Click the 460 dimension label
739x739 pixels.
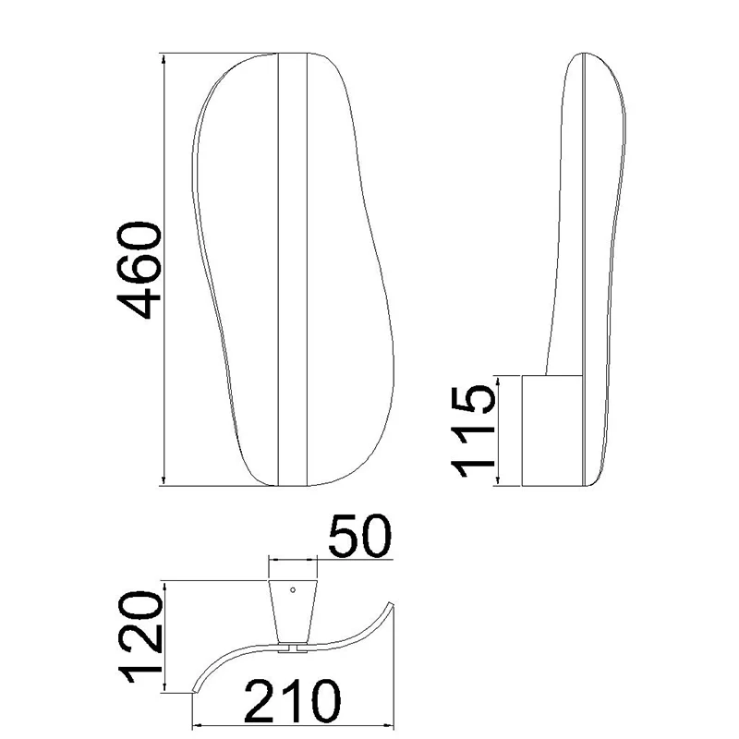click(x=139, y=270)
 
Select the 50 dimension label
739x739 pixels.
click(x=359, y=536)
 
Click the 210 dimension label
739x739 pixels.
click(x=292, y=702)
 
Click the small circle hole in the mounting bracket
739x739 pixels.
click(x=293, y=589)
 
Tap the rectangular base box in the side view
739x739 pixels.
click(x=551, y=430)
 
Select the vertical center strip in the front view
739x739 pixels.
click(x=292, y=269)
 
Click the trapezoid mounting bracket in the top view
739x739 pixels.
click(x=293, y=612)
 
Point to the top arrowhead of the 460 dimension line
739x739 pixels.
click(x=164, y=58)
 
